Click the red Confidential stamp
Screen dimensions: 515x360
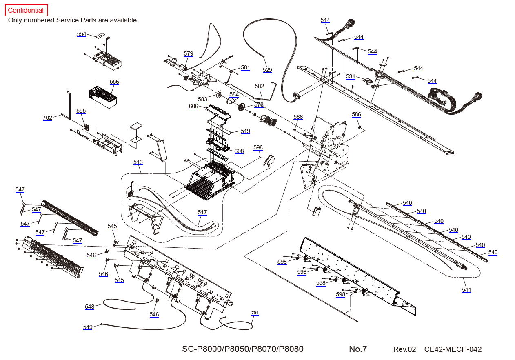26,10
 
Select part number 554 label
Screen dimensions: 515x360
81,34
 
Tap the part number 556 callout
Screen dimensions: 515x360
114,82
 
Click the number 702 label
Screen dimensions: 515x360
47,118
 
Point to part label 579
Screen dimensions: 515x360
188,53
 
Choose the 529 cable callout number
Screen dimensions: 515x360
267,70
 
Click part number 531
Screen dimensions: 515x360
351,77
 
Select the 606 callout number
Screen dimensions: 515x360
193,107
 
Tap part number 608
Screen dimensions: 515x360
239,151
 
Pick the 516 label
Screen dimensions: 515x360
138,162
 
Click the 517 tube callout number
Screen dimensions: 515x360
202,212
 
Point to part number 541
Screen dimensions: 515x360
466,290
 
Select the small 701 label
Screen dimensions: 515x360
255,313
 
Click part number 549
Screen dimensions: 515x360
88,327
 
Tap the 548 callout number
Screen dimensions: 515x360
89,307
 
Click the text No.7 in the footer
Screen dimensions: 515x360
358,349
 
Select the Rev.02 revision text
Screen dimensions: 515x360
404,349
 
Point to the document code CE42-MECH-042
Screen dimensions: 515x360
453,349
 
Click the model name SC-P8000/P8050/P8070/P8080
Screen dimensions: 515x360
243,349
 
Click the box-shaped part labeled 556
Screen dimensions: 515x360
103,97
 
